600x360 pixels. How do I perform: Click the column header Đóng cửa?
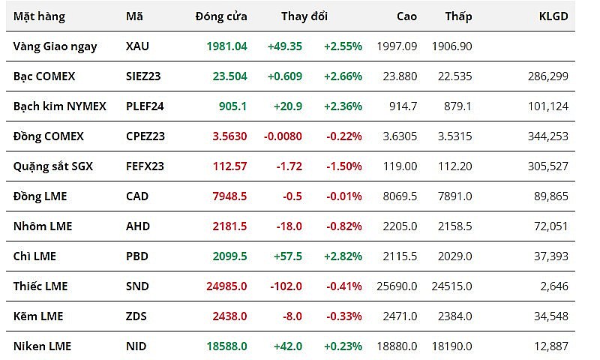pos(220,16)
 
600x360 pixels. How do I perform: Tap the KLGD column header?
pos(553,16)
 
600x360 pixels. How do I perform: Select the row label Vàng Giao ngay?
pos(55,46)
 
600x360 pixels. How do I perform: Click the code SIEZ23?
pos(144,76)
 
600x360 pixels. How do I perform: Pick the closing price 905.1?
pos(232,106)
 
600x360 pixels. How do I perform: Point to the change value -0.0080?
pos(283,136)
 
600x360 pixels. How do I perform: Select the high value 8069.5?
pos(400,196)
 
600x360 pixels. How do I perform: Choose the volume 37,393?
pos(550,256)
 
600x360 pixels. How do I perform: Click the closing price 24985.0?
pos(226,286)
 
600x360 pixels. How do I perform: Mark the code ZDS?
pos(136,316)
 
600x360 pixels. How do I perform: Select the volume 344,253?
pos(547,136)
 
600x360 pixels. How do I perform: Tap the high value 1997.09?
pos(400,46)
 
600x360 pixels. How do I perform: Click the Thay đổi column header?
pos(304,16)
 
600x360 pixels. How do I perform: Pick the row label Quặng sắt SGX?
pos(53,166)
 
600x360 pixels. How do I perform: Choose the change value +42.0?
pos(286,346)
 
